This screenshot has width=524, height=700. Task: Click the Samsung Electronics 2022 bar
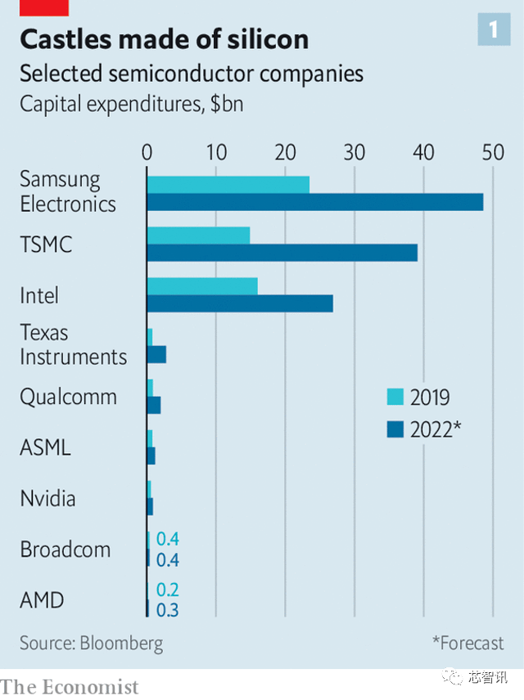click(315, 202)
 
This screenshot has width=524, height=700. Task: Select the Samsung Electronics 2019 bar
click(228, 185)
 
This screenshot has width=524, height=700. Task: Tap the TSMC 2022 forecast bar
click(282, 253)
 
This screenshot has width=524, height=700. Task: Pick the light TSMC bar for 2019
click(199, 236)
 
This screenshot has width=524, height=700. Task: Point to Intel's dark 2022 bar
click(240, 303)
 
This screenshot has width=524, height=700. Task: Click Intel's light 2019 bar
click(202, 286)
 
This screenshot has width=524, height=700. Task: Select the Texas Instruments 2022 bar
click(156, 354)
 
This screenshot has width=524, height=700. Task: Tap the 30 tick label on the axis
click(355, 152)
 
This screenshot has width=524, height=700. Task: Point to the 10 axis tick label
click(216, 152)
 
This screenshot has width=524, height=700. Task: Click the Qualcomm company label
click(69, 397)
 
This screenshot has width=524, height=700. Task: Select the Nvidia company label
click(47, 498)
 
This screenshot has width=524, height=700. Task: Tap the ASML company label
click(46, 447)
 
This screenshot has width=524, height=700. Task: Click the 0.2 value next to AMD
click(168, 590)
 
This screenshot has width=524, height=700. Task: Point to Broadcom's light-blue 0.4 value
click(168, 539)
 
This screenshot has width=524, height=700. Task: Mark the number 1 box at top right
click(494, 30)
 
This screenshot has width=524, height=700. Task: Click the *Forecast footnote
click(468, 643)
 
